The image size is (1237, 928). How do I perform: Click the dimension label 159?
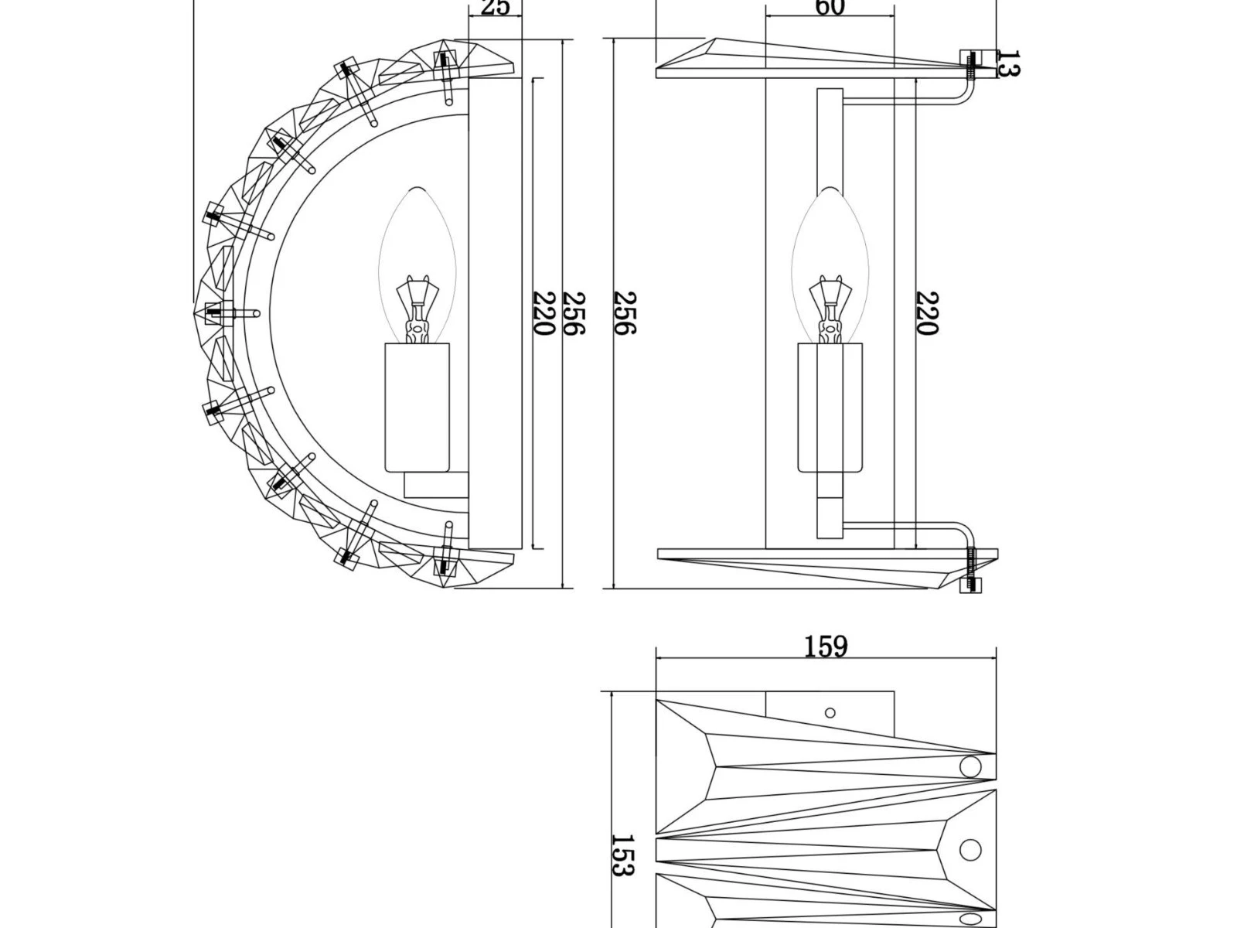(826, 647)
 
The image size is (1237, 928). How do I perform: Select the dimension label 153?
(623, 855)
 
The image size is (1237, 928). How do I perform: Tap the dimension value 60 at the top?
(830, 8)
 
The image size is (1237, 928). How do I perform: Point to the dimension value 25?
(496, 8)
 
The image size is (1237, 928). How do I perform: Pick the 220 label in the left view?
(544, 313)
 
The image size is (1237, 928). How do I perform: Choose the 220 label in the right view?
(926, 313)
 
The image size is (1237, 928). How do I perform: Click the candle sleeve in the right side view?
(830, 408)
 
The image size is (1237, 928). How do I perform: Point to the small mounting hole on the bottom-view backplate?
(830, 712)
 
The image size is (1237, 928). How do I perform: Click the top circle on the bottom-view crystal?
(969, 767)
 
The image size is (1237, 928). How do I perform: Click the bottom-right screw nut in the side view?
(970, 585)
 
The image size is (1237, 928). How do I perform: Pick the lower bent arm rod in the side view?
(912, 525)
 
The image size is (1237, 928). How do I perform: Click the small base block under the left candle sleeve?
(436, 486)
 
